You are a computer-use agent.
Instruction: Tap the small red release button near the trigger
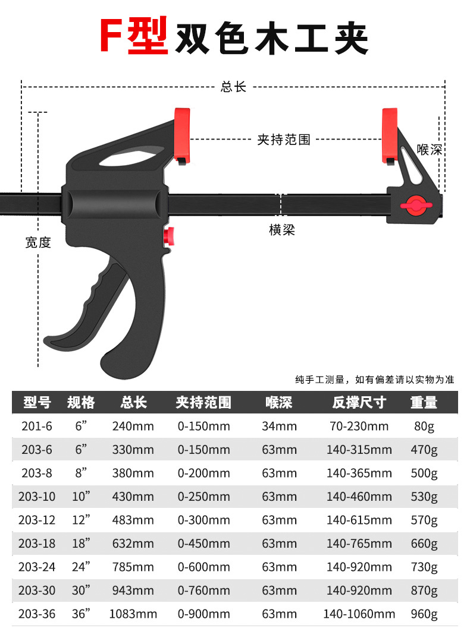[169, 236]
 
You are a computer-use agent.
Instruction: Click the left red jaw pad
[181, 134]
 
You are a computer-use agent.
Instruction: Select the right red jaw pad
[390, 134]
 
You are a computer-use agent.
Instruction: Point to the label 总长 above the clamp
[233, 87]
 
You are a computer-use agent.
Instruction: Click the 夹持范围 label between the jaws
[284, 140]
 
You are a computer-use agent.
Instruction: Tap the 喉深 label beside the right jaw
[430, 149]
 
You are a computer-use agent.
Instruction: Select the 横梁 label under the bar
[282, 230]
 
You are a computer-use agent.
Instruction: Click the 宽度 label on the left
[38, 242]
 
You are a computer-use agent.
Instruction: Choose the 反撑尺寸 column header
[359, 402]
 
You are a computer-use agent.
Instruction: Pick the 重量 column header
[424, 402]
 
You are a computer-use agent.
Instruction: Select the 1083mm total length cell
[133, 614]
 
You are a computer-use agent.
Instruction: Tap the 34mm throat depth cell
[279, 426]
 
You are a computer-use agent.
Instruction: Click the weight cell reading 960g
[424, 614]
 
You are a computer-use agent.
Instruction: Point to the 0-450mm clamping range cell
[203, 544]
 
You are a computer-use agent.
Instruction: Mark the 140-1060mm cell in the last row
[359, 614]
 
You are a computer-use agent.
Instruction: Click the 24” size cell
[80, 567]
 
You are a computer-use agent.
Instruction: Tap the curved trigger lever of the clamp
[89, 321]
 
